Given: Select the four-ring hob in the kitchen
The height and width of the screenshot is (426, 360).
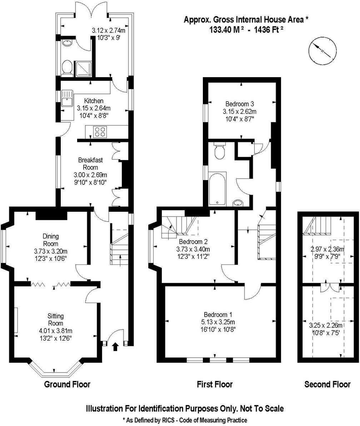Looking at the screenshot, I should [x=100, y=132].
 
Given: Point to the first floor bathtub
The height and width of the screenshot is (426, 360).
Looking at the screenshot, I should [x=217, y=189].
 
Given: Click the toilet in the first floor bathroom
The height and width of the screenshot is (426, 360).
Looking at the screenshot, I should [x=219, y=152].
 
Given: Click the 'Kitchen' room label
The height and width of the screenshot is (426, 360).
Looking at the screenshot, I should [x=94, y=101].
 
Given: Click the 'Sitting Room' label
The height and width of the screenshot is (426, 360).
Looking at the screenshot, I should [x=55, y=319].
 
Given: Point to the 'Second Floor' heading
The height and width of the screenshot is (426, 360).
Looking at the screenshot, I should [x=327, y=385].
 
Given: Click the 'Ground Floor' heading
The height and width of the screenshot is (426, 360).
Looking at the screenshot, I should [x=67, y=385].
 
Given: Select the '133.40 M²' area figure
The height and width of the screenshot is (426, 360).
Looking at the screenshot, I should [x=226, y=30].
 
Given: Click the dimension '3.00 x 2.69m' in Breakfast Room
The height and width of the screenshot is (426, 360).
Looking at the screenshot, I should [x=90, y=175].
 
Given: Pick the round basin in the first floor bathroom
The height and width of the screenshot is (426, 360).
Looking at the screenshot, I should [x=238, y=203].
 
